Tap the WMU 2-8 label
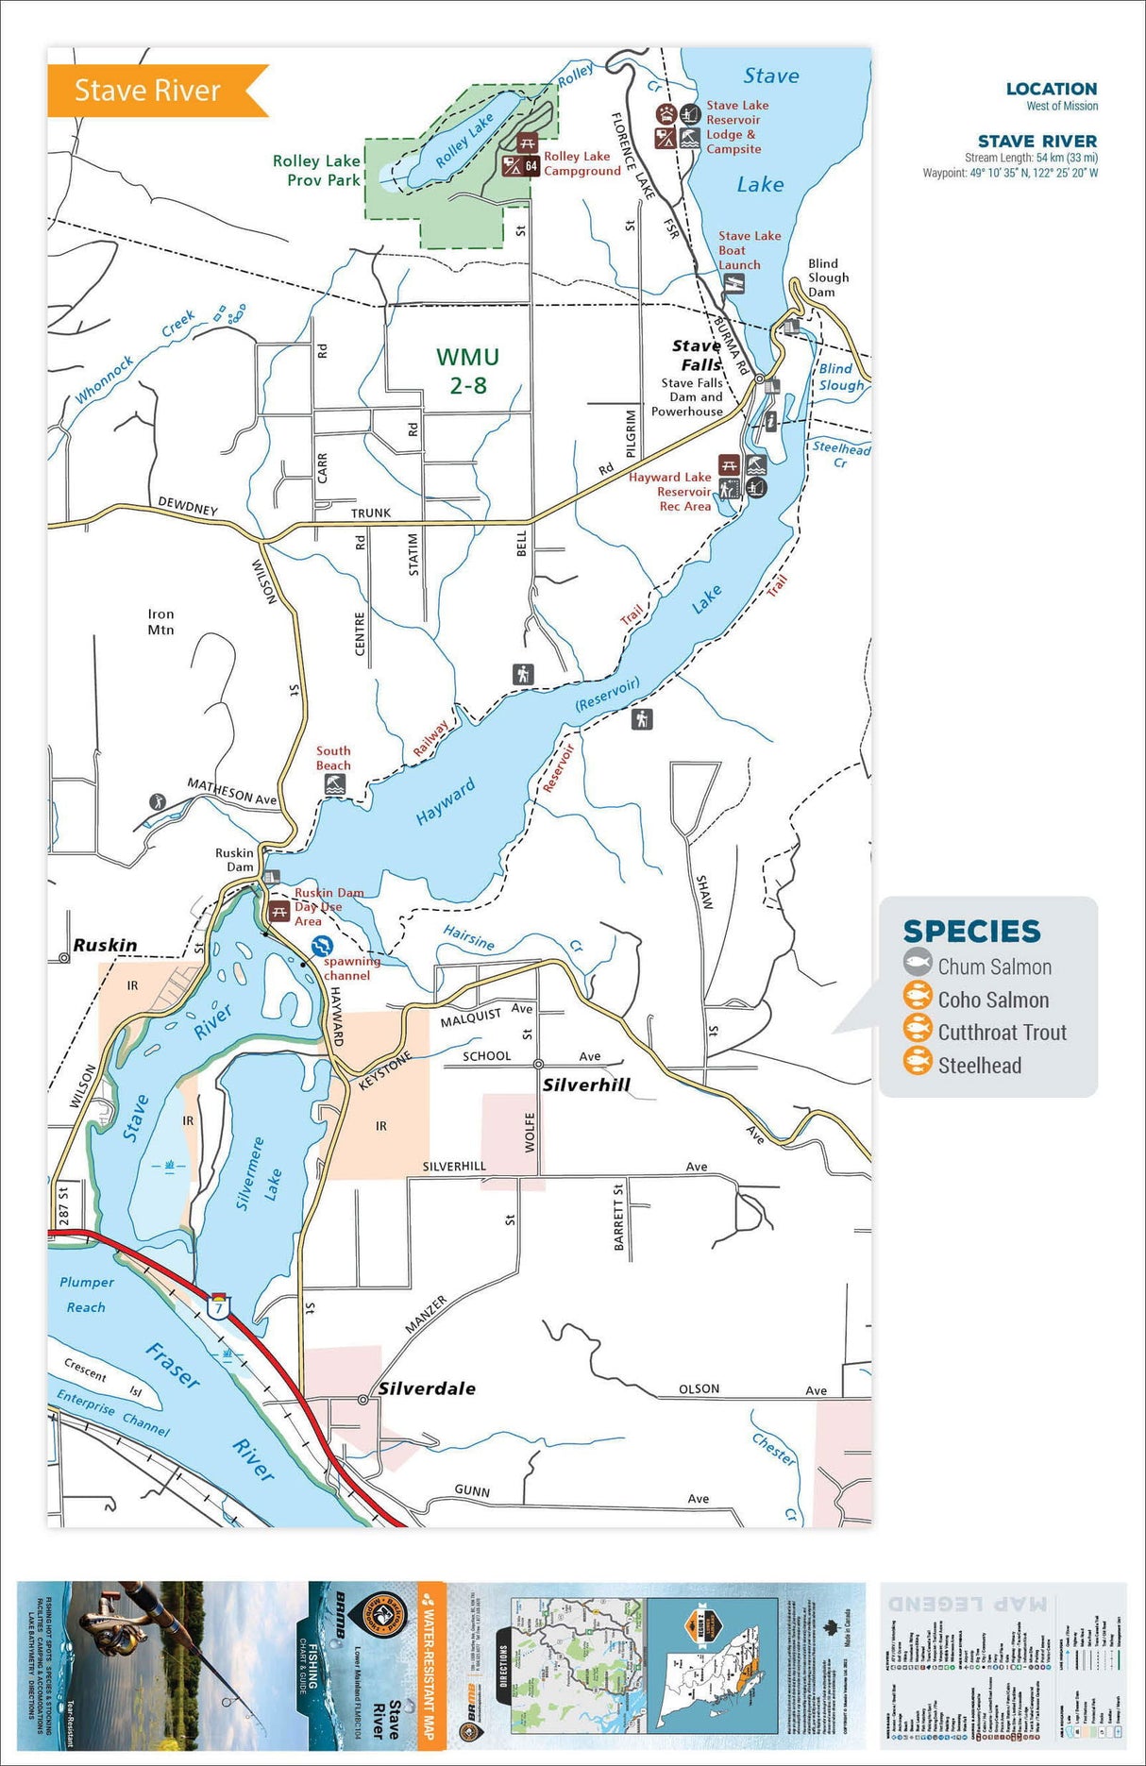pos(468,371)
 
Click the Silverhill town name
pos(585,1085)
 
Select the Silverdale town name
pos(427,1388)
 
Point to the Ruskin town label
pos(105,946)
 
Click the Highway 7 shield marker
pos(219,1307)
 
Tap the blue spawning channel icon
pos(322,945)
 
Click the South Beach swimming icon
pos(334,784)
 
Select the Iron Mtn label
pos(160,621)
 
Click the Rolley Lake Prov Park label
pos(316,171)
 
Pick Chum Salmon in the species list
pos(994,967)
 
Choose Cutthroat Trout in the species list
pos(1002,1033)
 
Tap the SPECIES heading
pos(971,932)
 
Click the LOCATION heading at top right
pos(1051,89)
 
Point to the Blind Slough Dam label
pos(827,278)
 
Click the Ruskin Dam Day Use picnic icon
pos(278,913)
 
